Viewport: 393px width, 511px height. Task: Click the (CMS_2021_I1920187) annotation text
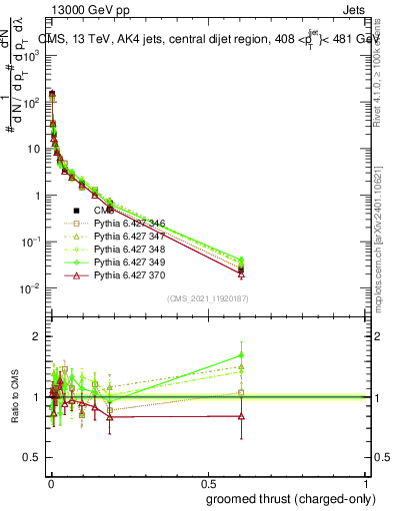coord(208,298)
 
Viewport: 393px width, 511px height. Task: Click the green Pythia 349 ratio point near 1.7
coord(241,354)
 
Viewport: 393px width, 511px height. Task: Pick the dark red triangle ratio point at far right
coord(241,416)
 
